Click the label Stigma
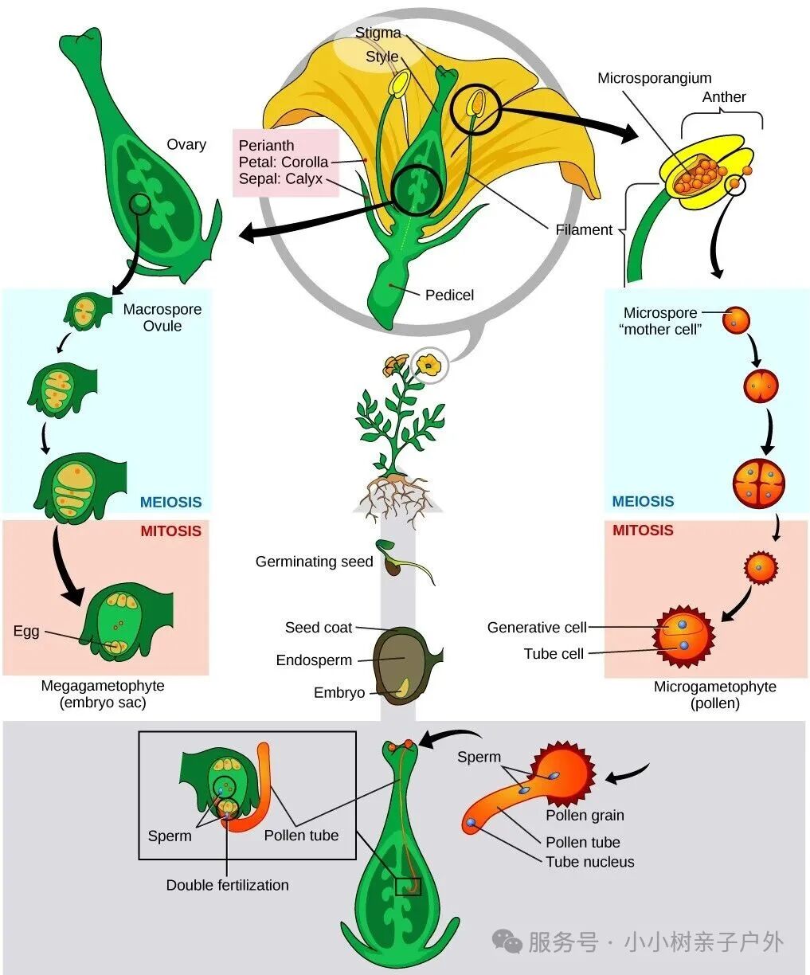pos(378,33)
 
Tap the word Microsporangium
pos(654,78)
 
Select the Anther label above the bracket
pos(723,97)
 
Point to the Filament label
pos(584,230)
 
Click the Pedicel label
pos(449,296)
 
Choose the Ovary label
pos(186,144)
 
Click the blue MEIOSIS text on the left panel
pos(170,503)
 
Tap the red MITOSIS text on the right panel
pos(642,531)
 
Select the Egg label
pos(26,632)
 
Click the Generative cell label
pos(536,628)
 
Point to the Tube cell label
pos(554,654)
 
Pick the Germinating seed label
pos(314,562)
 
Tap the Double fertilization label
pos(227,885)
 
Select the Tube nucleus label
pos(589,862)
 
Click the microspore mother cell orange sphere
pos(736,321)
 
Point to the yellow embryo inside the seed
pos(405,685)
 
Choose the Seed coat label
pos(318,628)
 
